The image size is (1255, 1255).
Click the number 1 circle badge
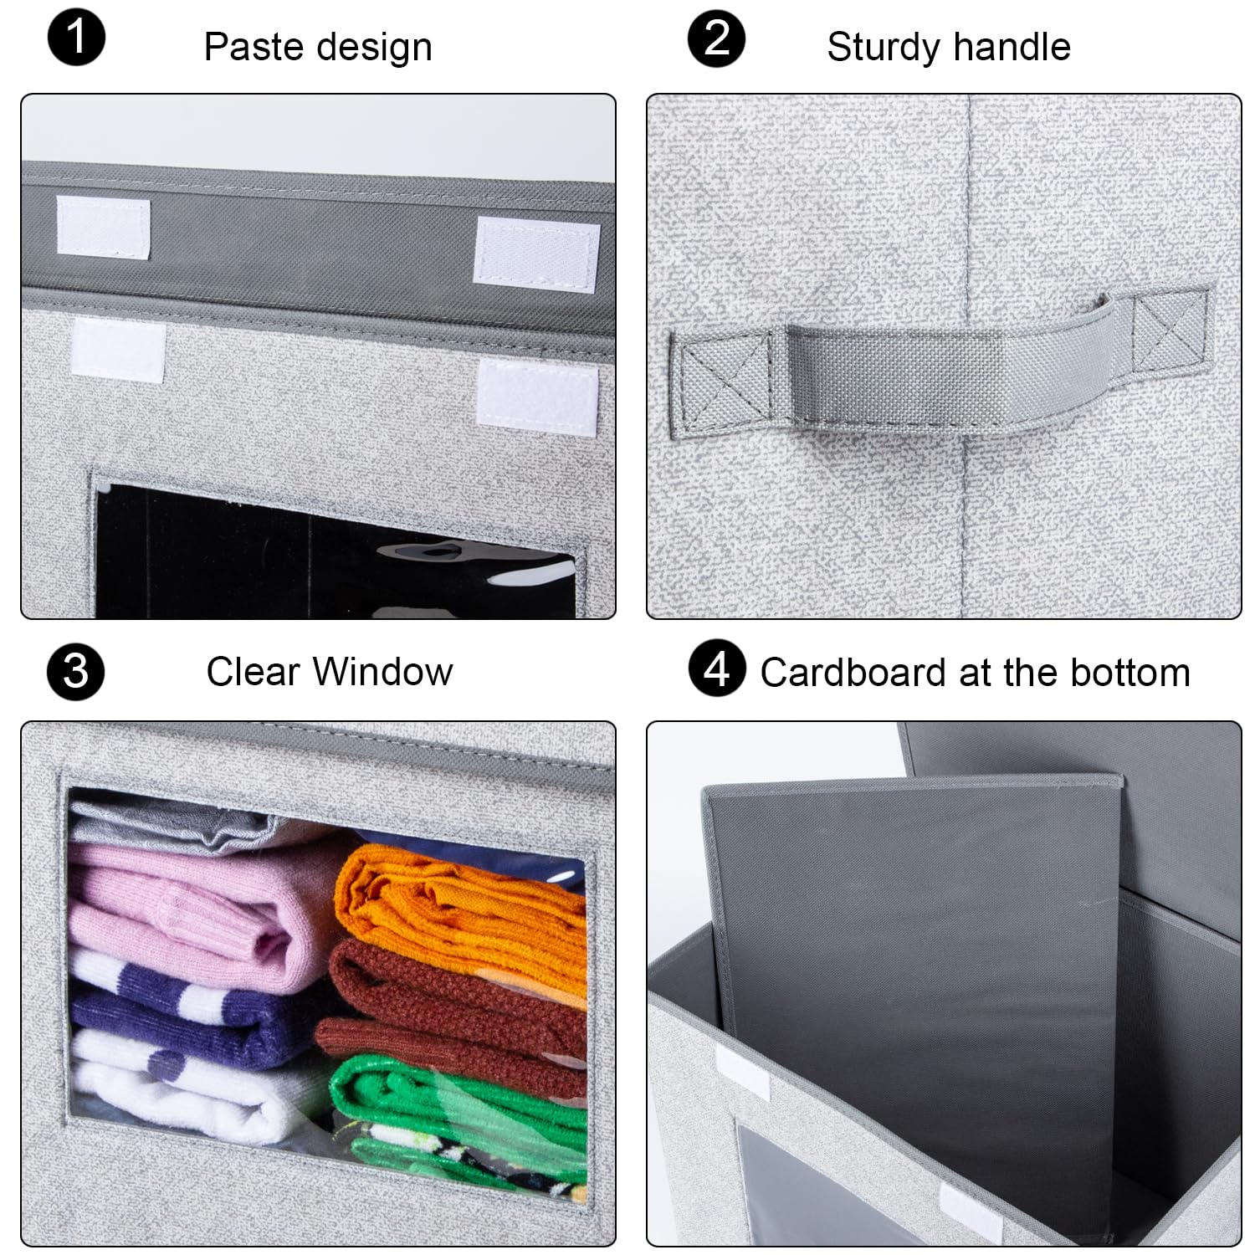click(76, 38)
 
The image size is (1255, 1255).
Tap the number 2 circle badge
click(717, 38)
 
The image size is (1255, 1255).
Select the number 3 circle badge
click(76, 671)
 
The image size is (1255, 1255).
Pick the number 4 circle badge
click(717, 669)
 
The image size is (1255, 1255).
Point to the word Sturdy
click(878, 47)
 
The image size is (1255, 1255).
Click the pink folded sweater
click(201, 912)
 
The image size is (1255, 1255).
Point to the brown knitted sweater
click(452, 1004)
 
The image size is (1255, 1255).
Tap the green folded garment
click(460, 1104)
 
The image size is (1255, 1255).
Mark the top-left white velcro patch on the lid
click(103, 226)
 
